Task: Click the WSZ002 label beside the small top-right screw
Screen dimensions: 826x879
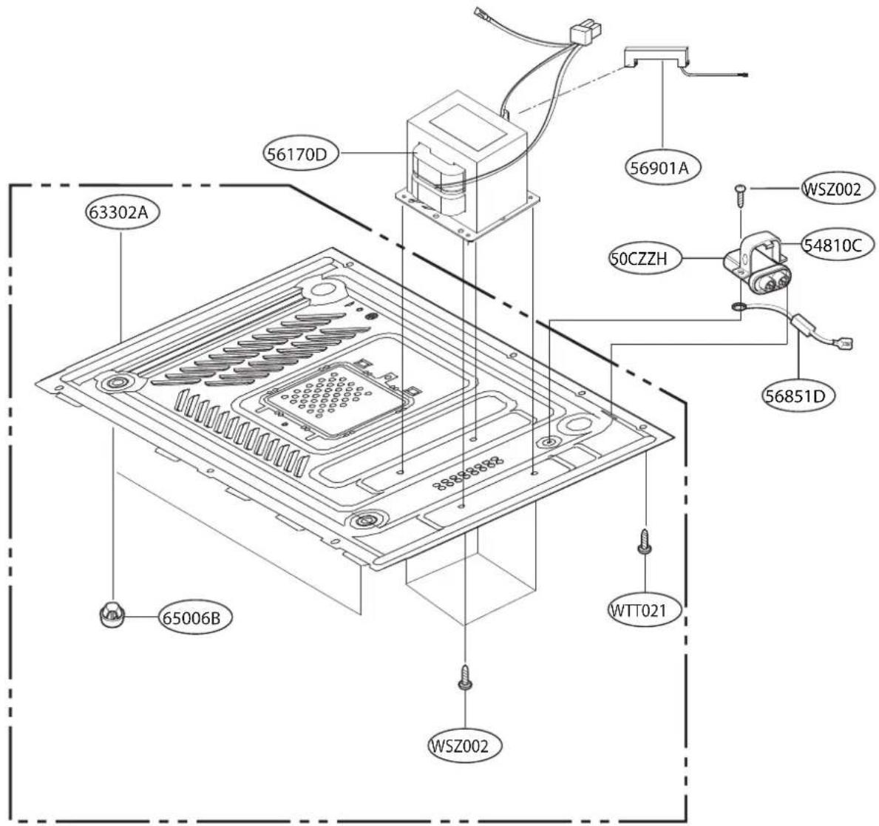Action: tap(832, 189)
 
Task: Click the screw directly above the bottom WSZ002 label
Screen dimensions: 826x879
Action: tap(464, 677)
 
